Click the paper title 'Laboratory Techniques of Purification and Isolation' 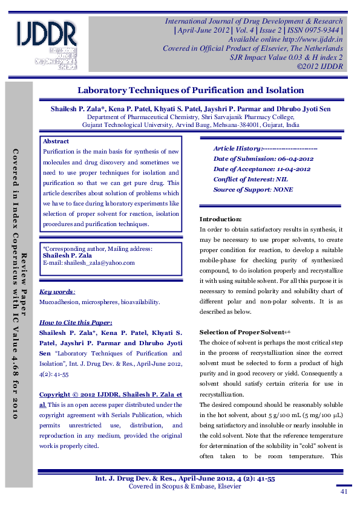click(x=190, y=91)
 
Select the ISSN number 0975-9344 click(x=317, y=30)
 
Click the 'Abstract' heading click(x=56, y=141)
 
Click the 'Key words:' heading click(x=57, y=291)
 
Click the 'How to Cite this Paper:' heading click(x=75, y=322)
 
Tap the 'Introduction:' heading click(x=221, y=219)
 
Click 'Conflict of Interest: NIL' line click(x=250, y=179)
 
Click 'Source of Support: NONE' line click(x=253, y=189)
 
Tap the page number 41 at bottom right click(x=344, y=492)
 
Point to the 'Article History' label click(x=237, y=148)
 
